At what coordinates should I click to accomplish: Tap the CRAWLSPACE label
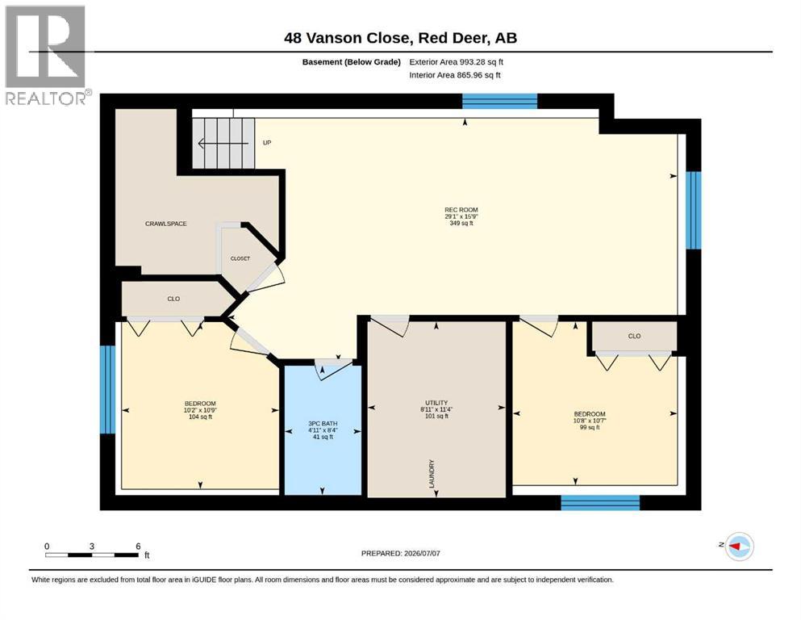tap(166, 224)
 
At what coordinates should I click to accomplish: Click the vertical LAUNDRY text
tap(432, 474)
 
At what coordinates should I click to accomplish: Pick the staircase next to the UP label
tap(223, 143)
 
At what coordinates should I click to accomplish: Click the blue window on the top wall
tap(499, 101)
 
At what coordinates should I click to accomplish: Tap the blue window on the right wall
tap(693, 210)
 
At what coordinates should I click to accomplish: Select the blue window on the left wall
tap(108, 389)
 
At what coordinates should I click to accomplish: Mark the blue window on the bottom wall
tap(600, 502)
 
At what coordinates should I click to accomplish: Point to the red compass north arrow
tap(734, 547)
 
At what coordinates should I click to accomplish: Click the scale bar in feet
tap(92, 555)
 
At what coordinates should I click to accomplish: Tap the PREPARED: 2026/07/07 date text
tap(400, 553)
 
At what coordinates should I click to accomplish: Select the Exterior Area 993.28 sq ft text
tap(457, 62)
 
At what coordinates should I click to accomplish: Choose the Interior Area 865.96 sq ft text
tap(455, 75)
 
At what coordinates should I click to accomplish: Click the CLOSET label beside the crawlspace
tap(240, 258)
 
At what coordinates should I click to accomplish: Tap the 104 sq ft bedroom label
tap(200, 417)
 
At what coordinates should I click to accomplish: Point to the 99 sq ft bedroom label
tap(590, 427)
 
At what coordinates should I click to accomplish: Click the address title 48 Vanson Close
tap(348, 38)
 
